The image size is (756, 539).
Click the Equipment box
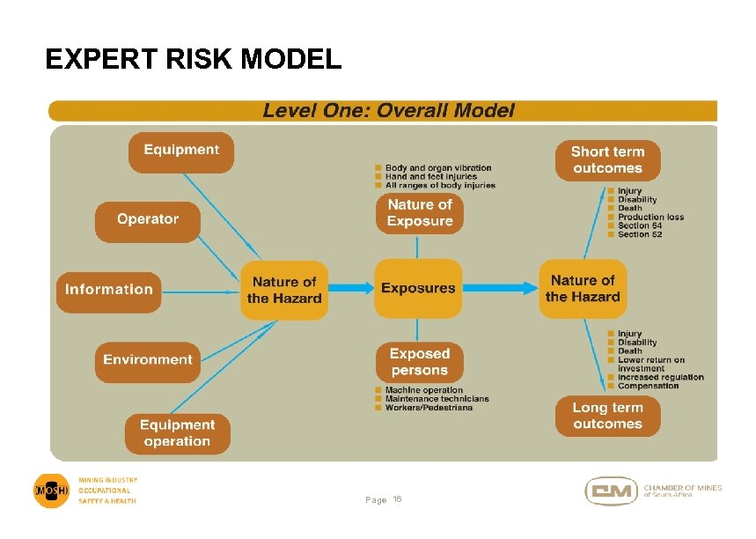click(x=181, y=151)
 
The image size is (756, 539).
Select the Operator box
click(x=148, y=220)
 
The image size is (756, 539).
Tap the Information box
click(x=109, y=290)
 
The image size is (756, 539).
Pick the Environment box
click(x=147, y=360)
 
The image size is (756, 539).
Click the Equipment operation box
click(x=177, y=433)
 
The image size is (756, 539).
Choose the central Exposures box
click(x=418, y=288)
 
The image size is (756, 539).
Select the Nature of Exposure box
click(x=420, y=212)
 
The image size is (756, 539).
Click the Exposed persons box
click(x=419, y=362)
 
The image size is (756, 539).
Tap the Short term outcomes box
click(x=607, y=159)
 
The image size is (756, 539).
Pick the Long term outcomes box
click(x=607, y=416)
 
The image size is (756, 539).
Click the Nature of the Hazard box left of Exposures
click(x=284, y=290)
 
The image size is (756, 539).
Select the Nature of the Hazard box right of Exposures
click(x=583, y=289)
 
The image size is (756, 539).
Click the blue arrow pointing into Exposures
click(x=351, y=288)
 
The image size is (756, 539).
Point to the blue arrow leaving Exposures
click(x=500, y=288)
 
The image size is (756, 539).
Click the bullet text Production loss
click(x=650, y=218)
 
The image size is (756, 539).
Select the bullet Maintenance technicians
click(x=437, y=399)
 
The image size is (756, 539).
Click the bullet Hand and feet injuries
click(x=431, y=176)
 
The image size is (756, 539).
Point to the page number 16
click(x=397, y=499)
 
